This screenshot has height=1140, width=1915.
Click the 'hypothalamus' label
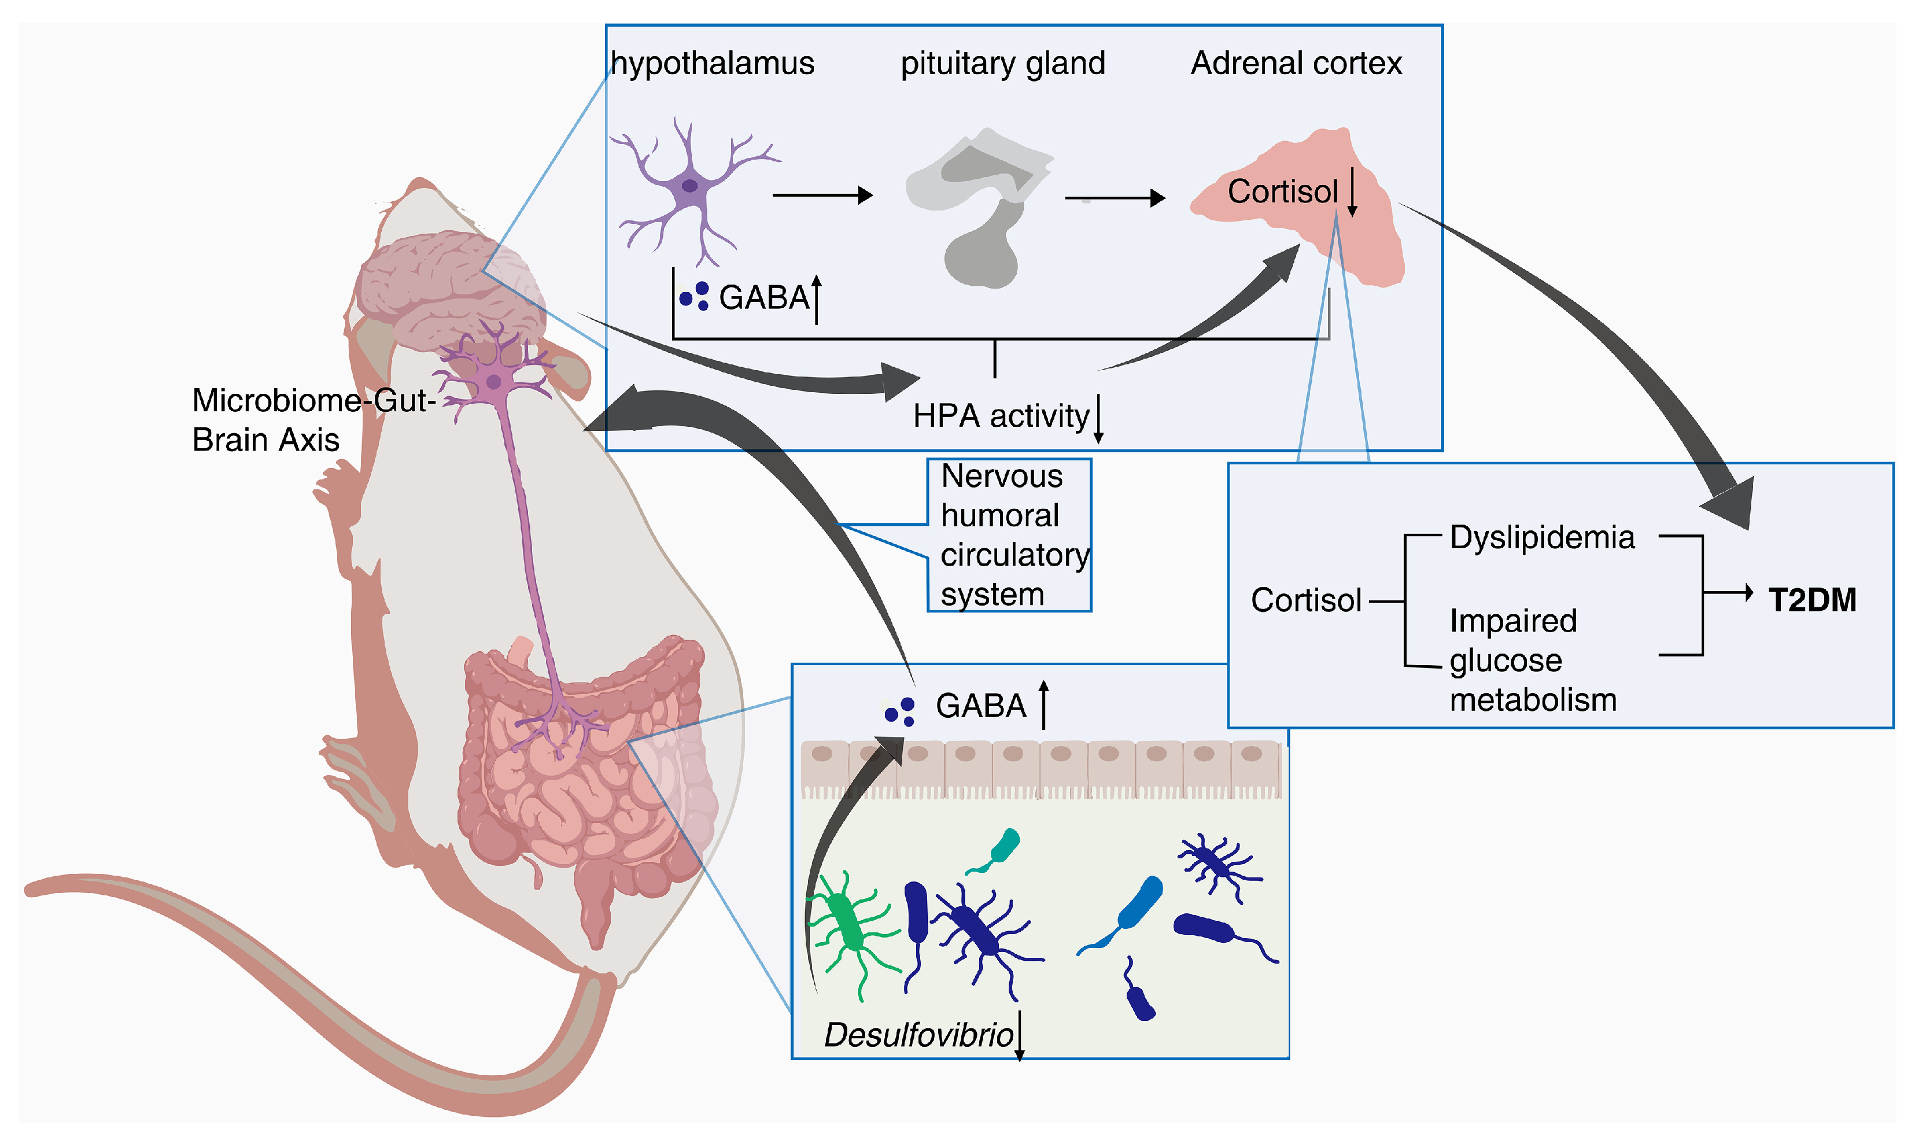712,63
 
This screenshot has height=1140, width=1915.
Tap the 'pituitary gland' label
1002,63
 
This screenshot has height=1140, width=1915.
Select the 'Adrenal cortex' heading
1296,63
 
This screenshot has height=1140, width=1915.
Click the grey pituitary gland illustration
979,208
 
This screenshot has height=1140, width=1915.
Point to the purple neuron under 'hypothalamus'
689,187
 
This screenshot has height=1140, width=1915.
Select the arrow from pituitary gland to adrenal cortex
1114,198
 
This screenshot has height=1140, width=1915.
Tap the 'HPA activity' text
1000,416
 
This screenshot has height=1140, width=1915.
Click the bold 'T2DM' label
1812,600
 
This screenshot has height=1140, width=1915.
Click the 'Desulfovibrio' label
918,1035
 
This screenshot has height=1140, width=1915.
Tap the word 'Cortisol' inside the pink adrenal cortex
1282,191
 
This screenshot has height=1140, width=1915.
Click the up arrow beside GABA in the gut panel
1043,704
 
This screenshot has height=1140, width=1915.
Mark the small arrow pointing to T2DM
1728,592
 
